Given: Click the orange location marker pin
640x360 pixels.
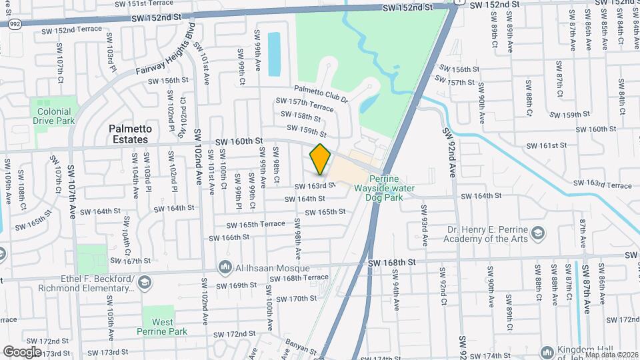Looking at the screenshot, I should pos(321,159).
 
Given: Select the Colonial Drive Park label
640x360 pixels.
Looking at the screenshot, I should pos(54,117).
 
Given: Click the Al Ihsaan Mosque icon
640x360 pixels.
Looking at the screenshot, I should pos(225,268).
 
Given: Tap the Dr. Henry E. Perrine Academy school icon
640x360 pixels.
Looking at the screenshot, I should pos(538,234).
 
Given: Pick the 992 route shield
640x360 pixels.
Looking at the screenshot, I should pos(14,24).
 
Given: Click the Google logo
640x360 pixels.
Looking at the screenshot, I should pos(22,351).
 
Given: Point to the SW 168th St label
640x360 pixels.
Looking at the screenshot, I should pos(391,263).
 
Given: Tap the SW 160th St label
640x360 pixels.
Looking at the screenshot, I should pos(239,142).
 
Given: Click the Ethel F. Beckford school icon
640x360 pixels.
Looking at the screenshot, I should pos(143,283).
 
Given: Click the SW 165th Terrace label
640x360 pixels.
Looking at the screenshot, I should pos(255,225).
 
